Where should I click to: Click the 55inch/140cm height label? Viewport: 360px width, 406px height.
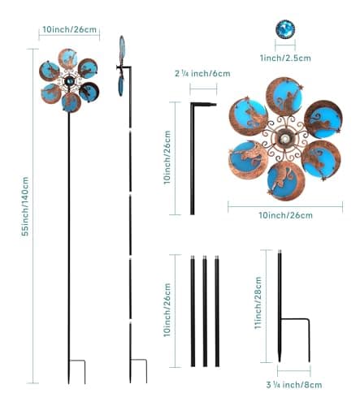25,206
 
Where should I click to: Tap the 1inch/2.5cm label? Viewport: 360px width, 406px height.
285,58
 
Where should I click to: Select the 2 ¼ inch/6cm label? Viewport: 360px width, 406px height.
202,73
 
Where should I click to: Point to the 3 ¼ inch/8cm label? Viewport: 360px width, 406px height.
294,385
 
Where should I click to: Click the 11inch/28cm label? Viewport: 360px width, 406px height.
258,303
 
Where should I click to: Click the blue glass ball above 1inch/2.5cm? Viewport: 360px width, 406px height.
285,29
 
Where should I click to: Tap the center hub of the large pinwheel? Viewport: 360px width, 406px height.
284,139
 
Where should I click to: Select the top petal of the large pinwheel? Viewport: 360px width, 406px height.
284,95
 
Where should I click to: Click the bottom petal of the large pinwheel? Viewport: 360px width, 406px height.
285,181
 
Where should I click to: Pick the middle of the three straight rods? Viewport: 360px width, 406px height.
205,311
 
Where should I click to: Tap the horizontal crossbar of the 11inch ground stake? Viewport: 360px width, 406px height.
294,319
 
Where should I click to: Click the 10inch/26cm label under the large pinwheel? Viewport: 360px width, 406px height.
285,215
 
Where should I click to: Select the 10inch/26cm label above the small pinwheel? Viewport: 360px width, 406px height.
69,29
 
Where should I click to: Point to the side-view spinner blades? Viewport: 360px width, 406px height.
121,67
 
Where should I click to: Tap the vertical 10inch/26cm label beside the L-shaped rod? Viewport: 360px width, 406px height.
167,158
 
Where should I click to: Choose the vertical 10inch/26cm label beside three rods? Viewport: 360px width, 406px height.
167,310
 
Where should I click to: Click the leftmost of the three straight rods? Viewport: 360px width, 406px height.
193,311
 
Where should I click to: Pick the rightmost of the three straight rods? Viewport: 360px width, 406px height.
217,311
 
